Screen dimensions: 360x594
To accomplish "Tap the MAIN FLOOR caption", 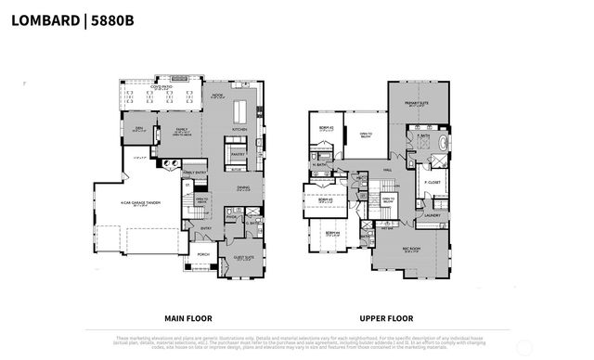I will [191, 315].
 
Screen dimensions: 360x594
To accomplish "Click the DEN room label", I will [136, 129].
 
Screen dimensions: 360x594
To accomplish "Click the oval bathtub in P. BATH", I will [443, 145].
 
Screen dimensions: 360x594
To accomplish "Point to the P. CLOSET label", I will [433, 182].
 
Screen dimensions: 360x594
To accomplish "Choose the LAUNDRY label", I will [433, 214].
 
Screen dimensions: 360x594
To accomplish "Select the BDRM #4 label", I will [331, 234].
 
